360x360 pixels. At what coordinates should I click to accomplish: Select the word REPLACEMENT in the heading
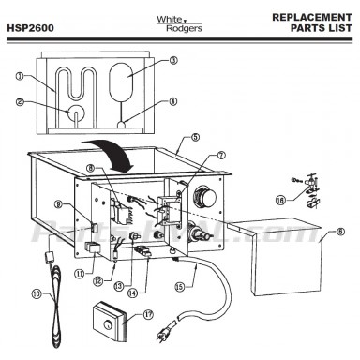pyautogui.click(x=310, y=16)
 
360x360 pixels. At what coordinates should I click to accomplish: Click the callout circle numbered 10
pyautogui.click(x=37, y=292)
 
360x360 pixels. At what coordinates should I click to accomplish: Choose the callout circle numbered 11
pyautogui.click(x=79, y=274)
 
